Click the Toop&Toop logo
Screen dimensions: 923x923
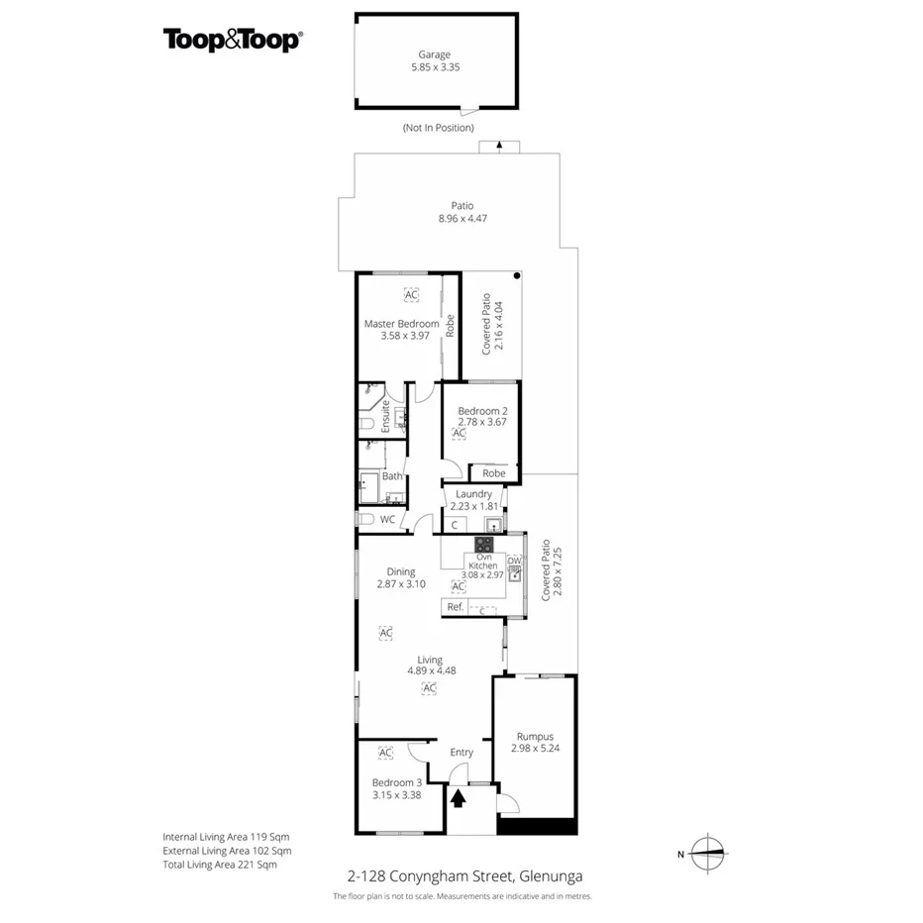click(233, 40)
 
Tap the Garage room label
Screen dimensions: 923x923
click(436, 61)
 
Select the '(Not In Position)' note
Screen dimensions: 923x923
click(438, 128)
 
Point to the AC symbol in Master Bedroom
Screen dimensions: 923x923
click(411, 294)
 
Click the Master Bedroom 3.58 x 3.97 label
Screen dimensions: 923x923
click(401, 330)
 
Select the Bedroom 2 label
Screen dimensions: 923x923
click(482, 417)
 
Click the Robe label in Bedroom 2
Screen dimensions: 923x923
click(493, 473)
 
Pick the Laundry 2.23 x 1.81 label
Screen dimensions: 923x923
click(474, 500)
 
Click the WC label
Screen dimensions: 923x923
click(387, 519)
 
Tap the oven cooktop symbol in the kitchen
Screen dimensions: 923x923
click(484, 544)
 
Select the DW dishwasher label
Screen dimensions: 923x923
click(514, 560)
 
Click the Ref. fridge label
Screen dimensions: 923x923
click(456, 607)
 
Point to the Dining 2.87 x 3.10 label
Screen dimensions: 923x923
click(401, 578)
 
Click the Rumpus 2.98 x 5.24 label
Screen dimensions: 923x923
click(535, 742)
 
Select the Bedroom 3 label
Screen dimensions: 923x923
click(397, 788)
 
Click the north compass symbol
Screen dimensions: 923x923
click(706, 852)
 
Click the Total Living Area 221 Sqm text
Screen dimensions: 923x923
click(220, 865)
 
